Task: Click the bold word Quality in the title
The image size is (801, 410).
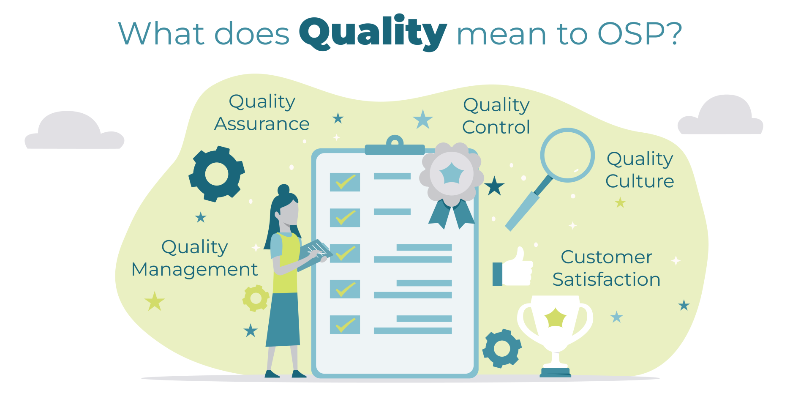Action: point(373,33)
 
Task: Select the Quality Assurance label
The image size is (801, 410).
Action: point(262,113)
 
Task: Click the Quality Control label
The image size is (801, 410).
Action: point(496,116)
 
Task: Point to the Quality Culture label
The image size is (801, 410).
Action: point(640,170)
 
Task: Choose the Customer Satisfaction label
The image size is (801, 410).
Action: point(606,268)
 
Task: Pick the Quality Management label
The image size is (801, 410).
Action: point(195,258)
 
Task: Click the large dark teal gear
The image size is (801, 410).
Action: point(217,174)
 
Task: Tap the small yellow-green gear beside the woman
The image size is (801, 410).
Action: point(256,298)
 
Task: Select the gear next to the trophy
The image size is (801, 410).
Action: point(502,349)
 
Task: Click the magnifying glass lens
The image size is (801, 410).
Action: point(567,155)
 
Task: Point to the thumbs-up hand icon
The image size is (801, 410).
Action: point(513,269)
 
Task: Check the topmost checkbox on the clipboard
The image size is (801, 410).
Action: point(345,182)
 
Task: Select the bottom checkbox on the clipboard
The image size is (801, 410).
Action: point(345,325)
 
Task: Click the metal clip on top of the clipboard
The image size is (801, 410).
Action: point(395,146)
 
